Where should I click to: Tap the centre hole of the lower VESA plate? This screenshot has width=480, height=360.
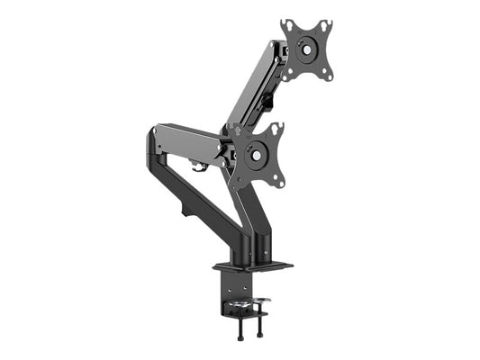coord(259,156)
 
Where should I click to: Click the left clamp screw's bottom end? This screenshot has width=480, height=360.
coord(240,337)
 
